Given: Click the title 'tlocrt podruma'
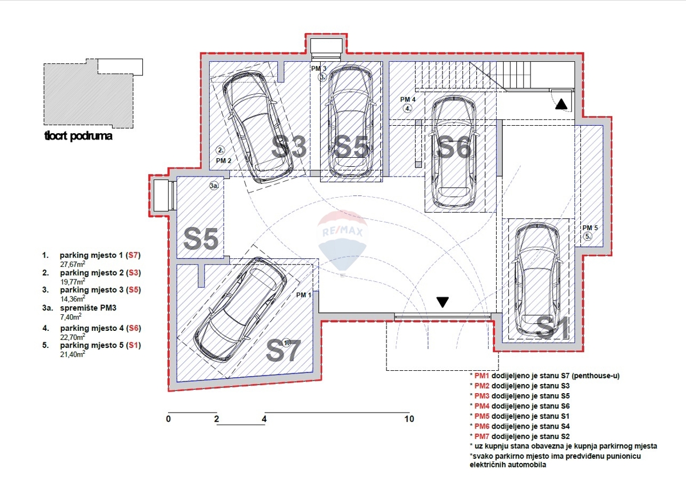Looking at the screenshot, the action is pos(78,135).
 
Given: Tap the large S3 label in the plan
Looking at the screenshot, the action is pos(289,147).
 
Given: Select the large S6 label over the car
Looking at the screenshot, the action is pos(454,148).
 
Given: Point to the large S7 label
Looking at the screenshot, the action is pos(284,350).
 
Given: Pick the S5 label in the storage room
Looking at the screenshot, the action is pos(201,238).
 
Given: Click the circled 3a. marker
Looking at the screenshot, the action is pos(214,186).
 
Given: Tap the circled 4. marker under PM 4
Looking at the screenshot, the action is pos(407,109).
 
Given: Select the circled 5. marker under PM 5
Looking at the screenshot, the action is pos(588,237).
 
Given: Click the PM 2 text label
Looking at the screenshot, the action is pos(224,161).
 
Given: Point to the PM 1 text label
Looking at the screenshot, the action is pos(304,295).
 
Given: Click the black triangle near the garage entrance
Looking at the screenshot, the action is pos(442,302).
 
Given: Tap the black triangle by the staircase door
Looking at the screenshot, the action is pos(561,104).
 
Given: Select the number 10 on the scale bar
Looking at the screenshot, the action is pos(409,419).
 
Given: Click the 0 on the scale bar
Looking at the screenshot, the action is pos(169,419).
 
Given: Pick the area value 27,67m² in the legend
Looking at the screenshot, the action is pos(73,264).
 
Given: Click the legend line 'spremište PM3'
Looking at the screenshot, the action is pos(88,307).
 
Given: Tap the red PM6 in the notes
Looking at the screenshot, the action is pos(482,426).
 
